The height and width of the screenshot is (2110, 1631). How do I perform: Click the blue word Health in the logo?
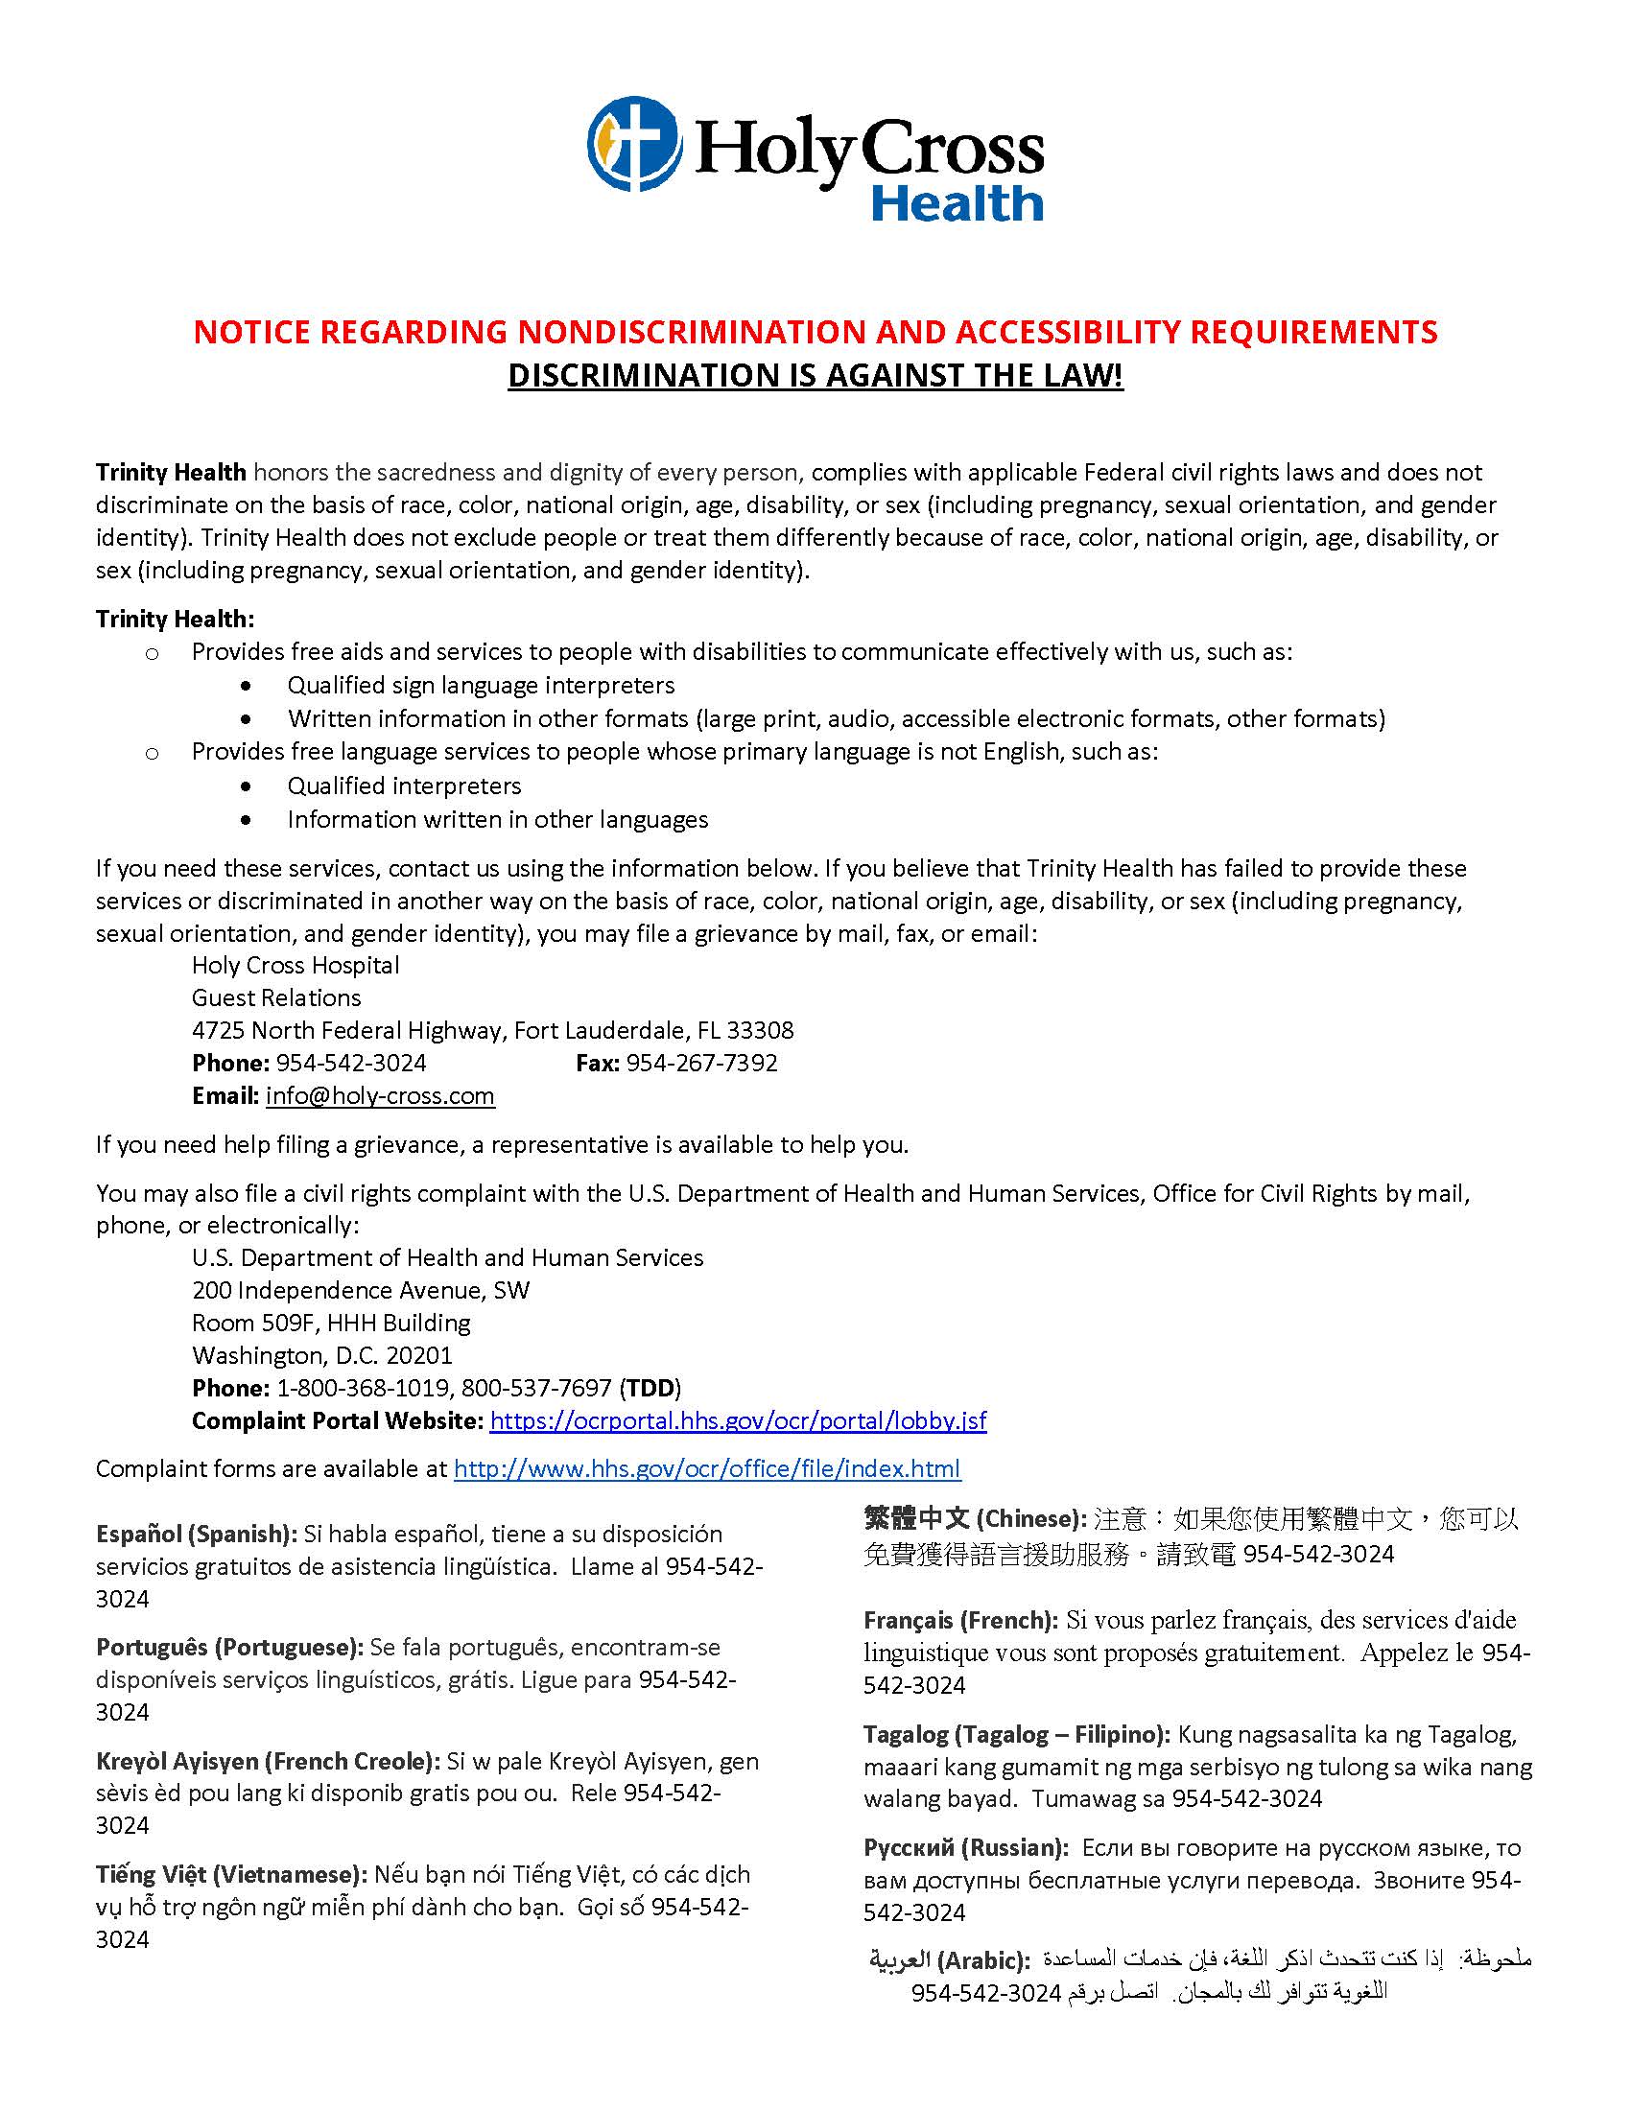pos(957,204)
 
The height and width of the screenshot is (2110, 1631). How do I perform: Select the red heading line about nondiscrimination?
pos(815,332)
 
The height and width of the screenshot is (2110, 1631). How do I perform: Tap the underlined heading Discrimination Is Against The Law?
pos(815,375)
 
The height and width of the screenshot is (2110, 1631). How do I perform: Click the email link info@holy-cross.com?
pos(380,1095)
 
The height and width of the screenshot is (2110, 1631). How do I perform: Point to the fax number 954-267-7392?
pos(701,1063)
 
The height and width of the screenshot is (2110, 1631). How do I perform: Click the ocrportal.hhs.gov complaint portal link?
pos(738,1420)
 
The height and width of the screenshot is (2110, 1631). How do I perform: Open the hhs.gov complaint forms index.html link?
pos(707,1468)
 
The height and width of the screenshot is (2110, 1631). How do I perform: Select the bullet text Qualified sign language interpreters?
pos(481,685)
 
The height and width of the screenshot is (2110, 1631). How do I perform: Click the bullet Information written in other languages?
pos(497,819)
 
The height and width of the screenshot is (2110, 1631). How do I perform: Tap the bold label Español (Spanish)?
pos(196,1534)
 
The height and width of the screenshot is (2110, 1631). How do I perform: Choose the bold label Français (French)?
pos(960,1619)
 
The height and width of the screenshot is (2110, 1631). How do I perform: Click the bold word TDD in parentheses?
pos(650,1389)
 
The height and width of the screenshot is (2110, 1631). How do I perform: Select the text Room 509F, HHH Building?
pos(330,1323)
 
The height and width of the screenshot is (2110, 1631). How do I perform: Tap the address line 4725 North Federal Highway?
pos(492,1030)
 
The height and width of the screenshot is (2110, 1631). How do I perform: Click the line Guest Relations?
pos(275,997)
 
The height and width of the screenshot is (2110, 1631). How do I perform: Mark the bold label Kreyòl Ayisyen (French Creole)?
pos(268,1761)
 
